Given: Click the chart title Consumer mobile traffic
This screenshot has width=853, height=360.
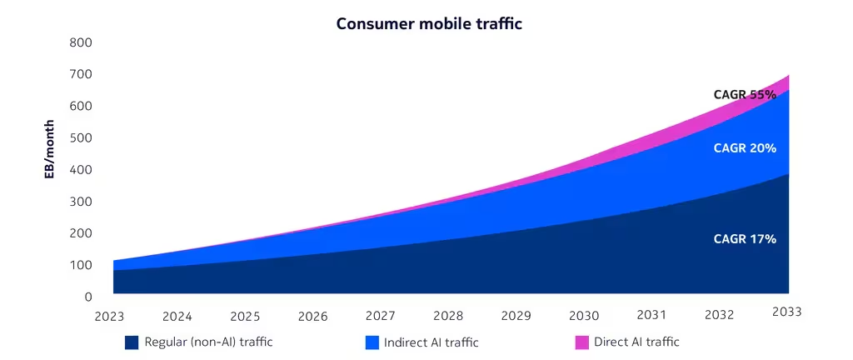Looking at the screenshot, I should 429,23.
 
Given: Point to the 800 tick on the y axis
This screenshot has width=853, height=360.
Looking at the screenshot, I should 81,42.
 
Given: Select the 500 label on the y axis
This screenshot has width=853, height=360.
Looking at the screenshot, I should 81,137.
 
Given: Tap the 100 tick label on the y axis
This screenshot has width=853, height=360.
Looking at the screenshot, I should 81,265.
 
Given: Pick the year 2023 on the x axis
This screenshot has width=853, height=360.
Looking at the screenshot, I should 110,317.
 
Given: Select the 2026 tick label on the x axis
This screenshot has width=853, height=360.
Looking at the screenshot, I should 312,317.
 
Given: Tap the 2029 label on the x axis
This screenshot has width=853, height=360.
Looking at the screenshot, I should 516,316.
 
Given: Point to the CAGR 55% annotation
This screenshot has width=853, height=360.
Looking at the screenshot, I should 745,95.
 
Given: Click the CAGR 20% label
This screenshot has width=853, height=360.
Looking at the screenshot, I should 745,148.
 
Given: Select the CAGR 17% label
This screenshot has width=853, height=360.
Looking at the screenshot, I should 745,239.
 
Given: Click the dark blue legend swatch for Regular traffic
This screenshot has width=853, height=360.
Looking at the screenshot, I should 132,342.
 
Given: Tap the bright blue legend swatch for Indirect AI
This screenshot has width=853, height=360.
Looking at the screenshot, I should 372,342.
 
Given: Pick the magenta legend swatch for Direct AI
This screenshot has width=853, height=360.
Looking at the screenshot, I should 582,342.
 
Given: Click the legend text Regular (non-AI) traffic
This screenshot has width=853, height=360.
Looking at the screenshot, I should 208,342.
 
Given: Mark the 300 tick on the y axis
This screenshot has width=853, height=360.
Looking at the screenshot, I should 81,202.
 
